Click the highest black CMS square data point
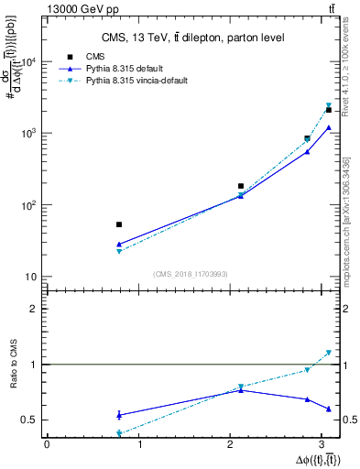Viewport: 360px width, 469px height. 328,110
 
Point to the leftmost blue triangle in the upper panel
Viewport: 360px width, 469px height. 119,245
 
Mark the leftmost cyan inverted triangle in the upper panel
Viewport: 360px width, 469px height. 119,251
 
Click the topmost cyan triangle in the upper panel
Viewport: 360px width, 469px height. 328,105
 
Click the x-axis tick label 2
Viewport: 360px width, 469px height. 230,444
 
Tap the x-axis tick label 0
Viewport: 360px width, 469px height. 47,444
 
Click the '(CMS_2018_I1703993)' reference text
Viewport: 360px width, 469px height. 191,273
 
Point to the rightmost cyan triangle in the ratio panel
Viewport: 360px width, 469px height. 328,353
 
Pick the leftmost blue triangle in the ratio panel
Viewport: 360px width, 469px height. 119,415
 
